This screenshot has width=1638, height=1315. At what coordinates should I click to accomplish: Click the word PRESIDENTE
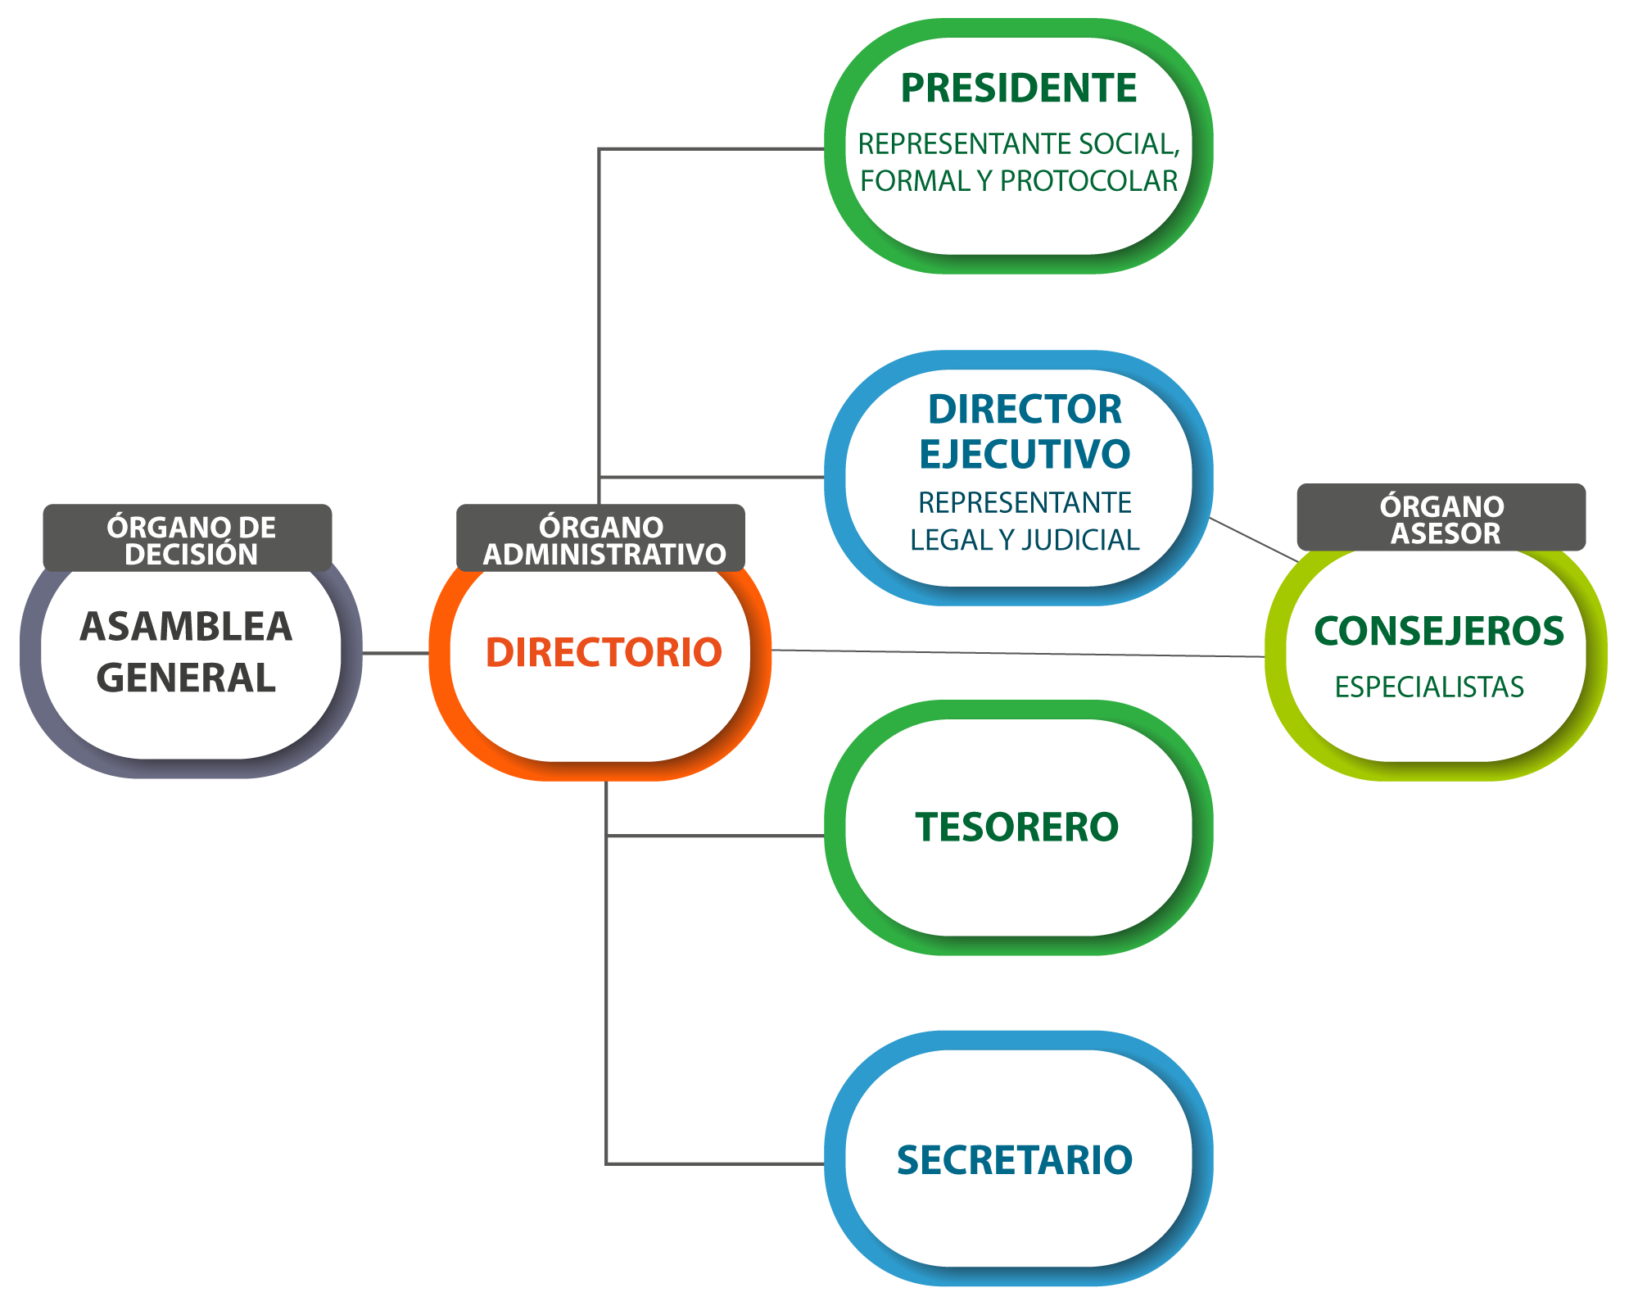pos(1018,88)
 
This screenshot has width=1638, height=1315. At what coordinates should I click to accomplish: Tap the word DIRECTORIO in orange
pos(604,653)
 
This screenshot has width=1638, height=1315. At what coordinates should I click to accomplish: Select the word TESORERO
pos(1016,827)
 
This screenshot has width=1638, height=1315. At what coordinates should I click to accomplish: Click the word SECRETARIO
pos(1014,1160)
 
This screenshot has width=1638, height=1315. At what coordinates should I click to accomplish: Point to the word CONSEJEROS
pos(1439,632)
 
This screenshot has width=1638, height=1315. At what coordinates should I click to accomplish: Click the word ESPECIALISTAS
pos(1429,687)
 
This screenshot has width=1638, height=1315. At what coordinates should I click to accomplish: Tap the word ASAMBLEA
pos(186,627)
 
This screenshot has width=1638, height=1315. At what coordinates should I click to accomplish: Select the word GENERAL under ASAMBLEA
pos(186,678)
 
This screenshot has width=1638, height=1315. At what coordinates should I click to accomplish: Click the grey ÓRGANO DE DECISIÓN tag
pos(188,538)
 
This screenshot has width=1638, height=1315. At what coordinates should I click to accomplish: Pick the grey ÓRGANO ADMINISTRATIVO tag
pos(600,538)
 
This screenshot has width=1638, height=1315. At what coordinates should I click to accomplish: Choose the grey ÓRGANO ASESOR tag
pos(1441,518)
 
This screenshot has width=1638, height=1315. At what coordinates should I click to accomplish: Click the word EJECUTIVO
pos(1025,455)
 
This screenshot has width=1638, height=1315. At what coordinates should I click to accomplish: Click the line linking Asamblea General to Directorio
pos(396,653)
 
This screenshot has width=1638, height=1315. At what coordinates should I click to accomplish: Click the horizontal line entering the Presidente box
pos(713,148)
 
